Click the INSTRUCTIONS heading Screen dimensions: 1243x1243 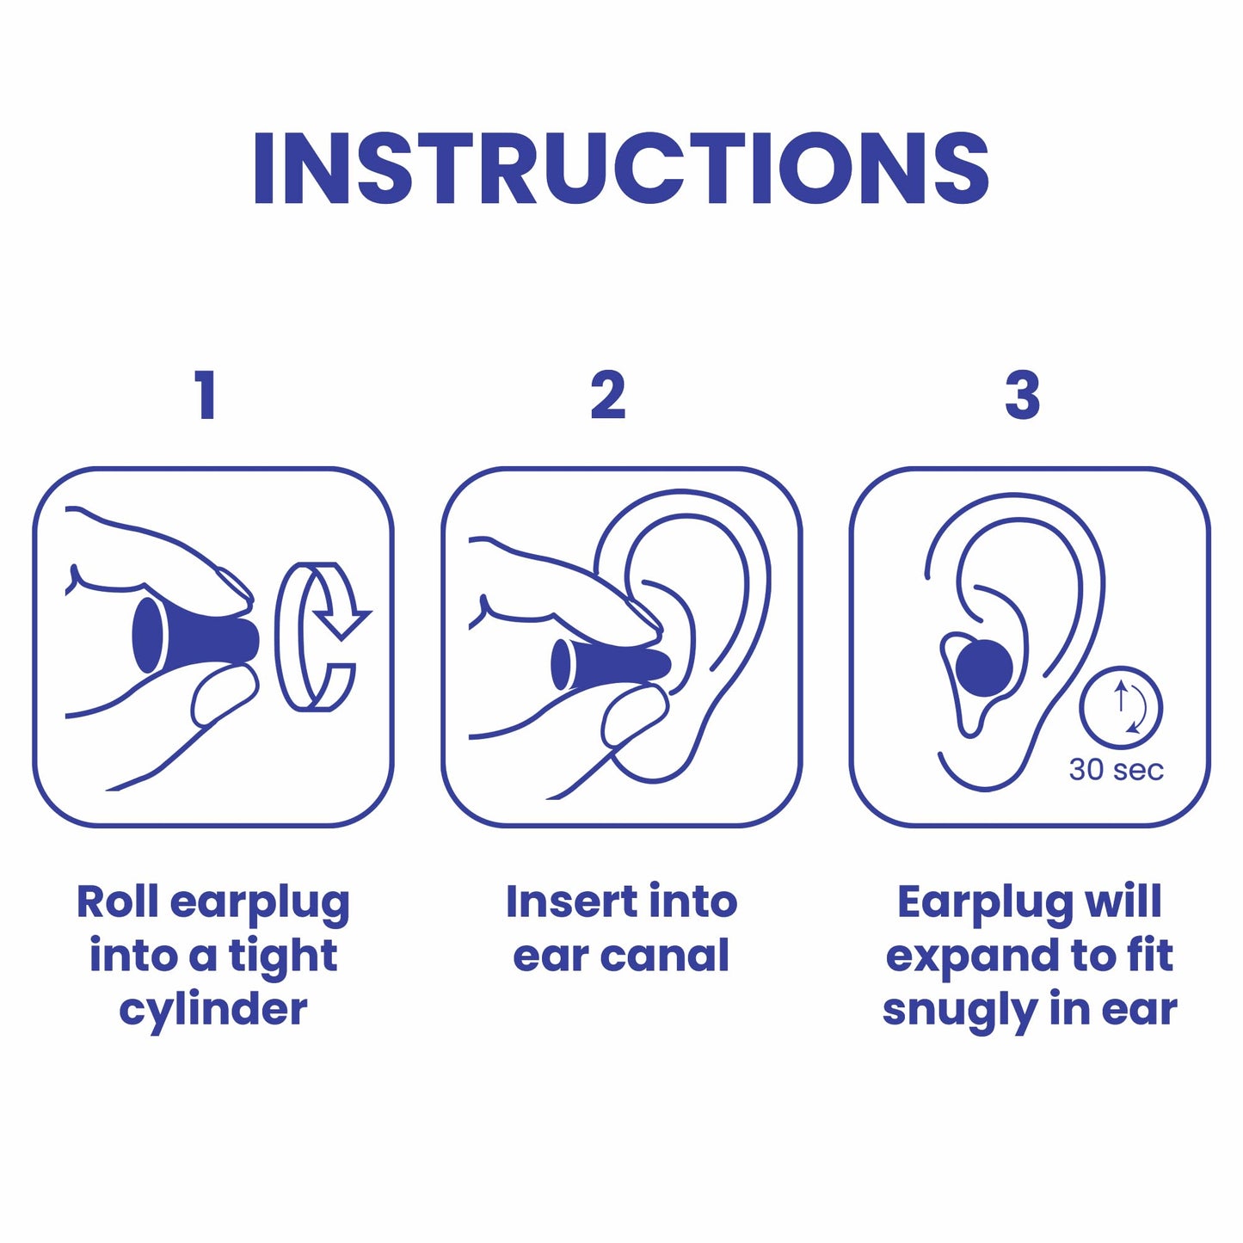621,169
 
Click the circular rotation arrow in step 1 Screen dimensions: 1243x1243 320,637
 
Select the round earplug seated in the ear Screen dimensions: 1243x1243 985,667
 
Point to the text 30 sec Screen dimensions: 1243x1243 1116,770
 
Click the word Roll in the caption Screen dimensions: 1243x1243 117,901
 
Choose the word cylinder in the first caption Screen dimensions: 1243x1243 212,1009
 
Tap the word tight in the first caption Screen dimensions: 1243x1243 283,957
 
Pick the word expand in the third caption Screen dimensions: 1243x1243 971,957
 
